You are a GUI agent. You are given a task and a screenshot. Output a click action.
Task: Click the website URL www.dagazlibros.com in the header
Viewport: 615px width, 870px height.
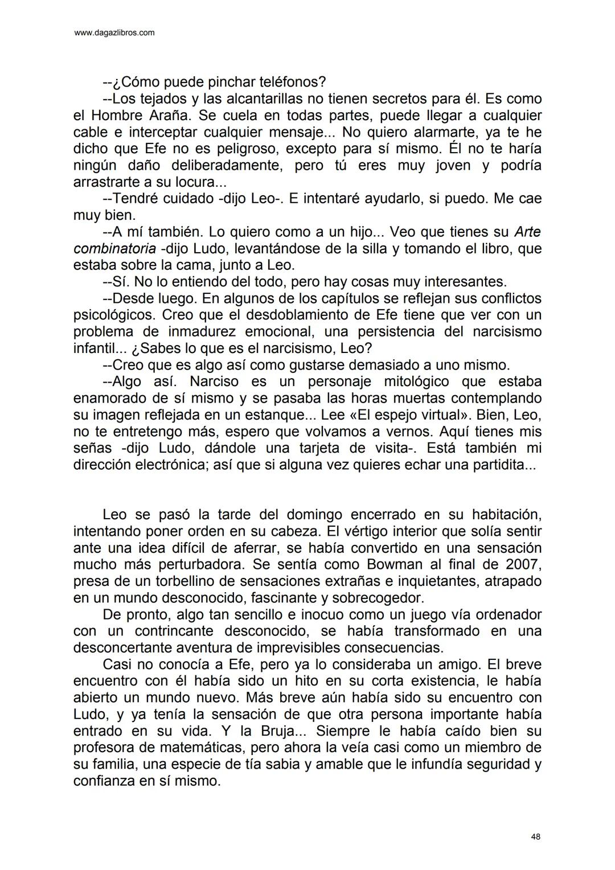coord(114,33)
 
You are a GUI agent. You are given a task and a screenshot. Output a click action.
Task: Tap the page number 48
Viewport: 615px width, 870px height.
coord(535,836)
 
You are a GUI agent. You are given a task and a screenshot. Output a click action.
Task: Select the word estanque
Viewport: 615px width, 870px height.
coord(277,415)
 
